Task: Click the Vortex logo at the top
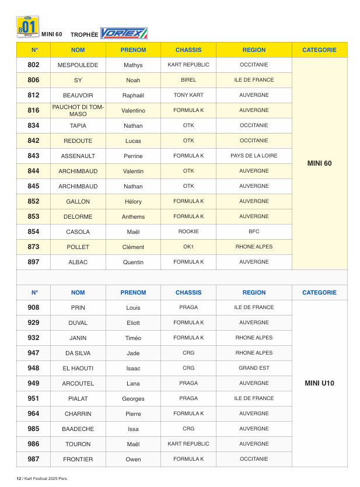pyautogui.click(x=124, y=33)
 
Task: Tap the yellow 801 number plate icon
pyautogui.click(x=28, y=27)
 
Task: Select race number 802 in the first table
pyautogui.click(x=34, y=65)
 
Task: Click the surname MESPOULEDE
pyautogui.click(x=78, y=65)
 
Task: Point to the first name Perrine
pyautogui.click(x=133, y=156)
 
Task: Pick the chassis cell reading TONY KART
pyautogui.click(x=188, y=95)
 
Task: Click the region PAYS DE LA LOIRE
pyautogui.click(x=254, y=156)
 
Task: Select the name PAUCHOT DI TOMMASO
pyautogui.click(x=78, y=110)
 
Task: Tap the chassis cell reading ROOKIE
pyautogui.click(x=188, y=232)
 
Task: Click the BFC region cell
pyautogui.click(x=254, y=232)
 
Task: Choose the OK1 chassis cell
pyautogui.click(x=188, y=247)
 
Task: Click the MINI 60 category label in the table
pyautogui.click(x=319, y=163)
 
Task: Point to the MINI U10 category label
pyautogui.click(x=319, y=383)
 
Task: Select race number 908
pyautogui.click(x=34, y=307)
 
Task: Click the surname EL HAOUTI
pyautogui.click(x=78, y=368)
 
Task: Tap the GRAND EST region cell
pyautogui.click(x=254, y=368)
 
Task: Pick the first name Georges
pyautogui.click(x=133, y=399)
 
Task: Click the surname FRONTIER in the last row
pyautogui.click(x=78, y=459)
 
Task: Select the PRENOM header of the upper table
pyautogui.click(x=133, y=50)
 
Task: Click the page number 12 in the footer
pyautogui.click(x=18, y=478)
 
